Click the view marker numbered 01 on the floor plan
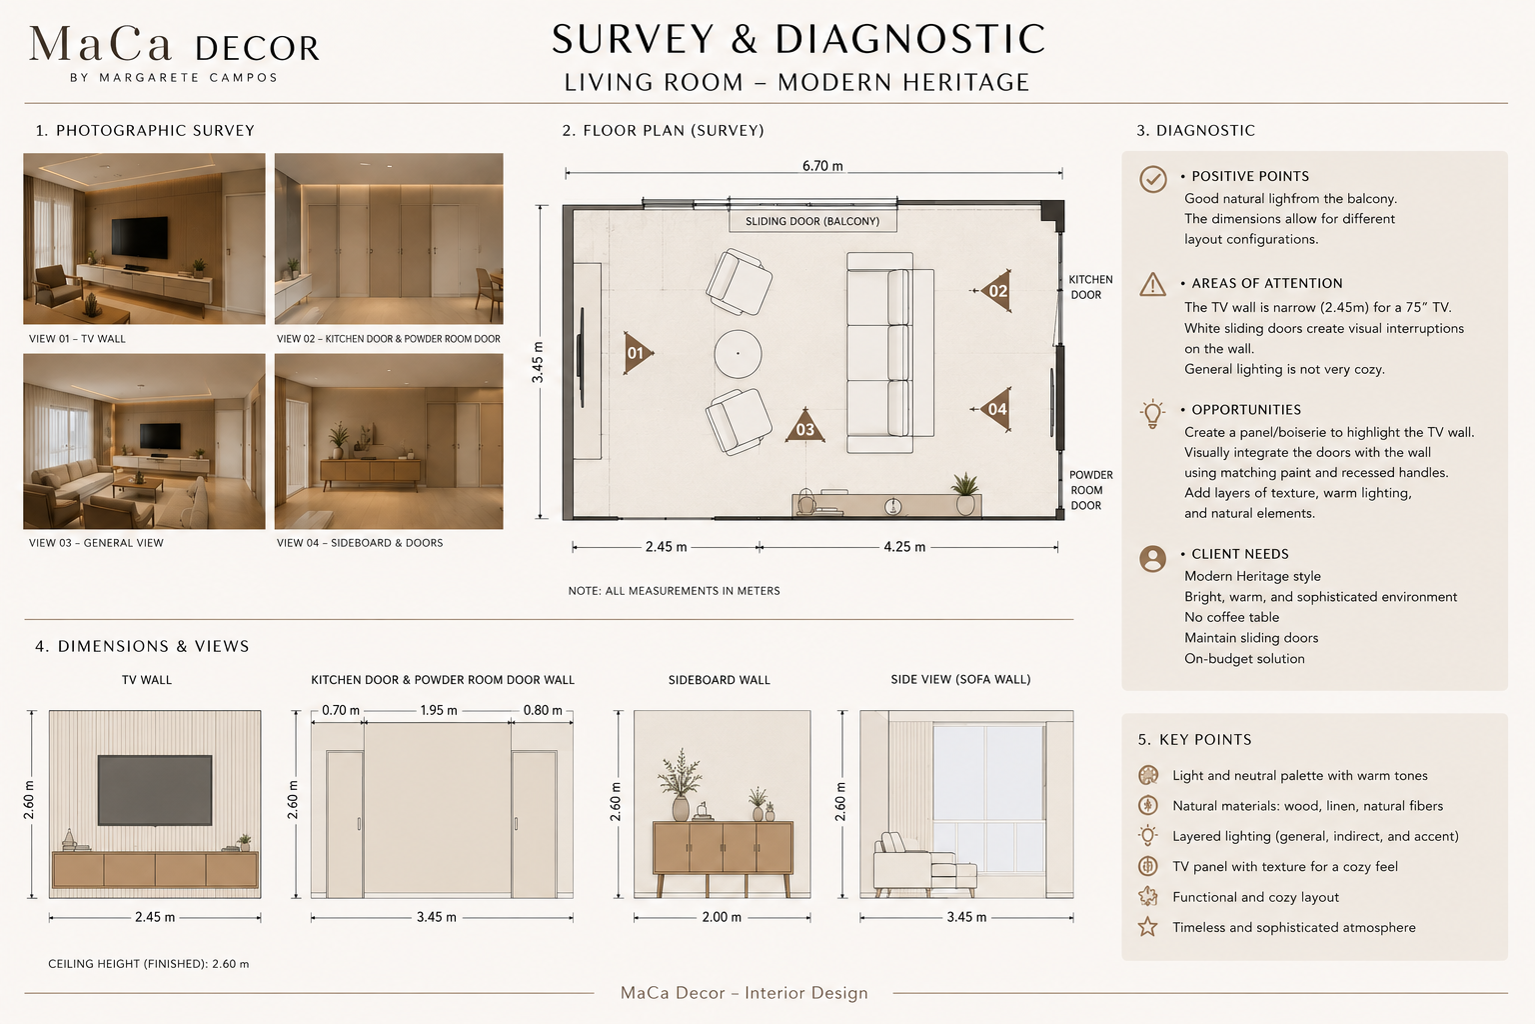(x=637, y=353)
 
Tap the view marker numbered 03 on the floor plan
(x=805, y=427)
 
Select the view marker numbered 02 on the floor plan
(x=995, y=291)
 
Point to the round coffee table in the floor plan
(x=739, y=354)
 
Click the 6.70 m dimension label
(x=822, y=166)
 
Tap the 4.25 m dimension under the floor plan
(x=903, y=547)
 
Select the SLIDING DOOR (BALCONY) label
(x=812, y=221)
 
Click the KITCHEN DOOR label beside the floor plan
(x=1090, y=287)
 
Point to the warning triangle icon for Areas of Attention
(x=1152, y=284)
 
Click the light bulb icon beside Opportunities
(x=1152, y=414)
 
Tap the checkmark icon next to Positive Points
(x=1152, y=179)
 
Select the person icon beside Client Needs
(x=1152, y=558)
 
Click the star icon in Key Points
(x=1148, y=927)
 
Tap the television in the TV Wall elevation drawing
(x=155, y=790)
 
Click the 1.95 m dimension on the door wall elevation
(x=439, y=711)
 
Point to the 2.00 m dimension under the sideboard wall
(x=722, y=917)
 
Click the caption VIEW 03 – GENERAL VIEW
(x=96, y=543)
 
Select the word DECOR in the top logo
(x=257, y=49)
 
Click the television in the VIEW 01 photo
(x=140, y=237)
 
